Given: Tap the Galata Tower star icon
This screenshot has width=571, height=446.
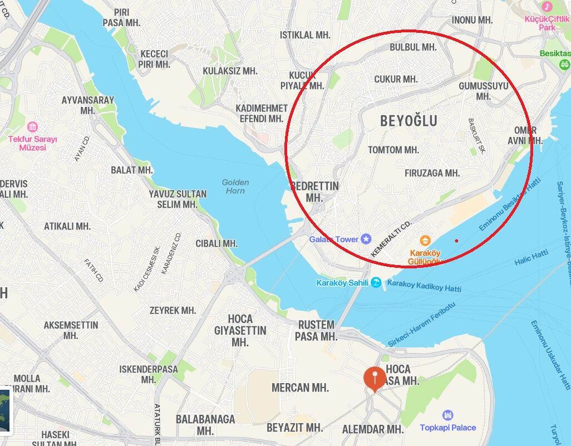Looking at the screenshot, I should click(366, 239).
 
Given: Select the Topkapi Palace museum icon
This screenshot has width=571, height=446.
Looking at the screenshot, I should click(448, 415).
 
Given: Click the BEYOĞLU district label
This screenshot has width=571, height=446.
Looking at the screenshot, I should click(408, 121).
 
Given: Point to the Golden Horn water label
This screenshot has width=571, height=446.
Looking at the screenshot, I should click(235, 187).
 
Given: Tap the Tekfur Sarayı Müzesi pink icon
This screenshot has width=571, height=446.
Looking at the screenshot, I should click(32, 127).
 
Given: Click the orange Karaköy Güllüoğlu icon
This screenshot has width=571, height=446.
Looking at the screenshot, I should click(425, 241).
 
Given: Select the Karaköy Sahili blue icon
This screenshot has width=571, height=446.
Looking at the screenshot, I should click(376, 283).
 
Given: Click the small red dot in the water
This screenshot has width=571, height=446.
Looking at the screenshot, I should click(456, 241).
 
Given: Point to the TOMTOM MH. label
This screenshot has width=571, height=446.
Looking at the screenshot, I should click(393, 150).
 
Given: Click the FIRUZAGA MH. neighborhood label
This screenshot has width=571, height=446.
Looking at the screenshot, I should click(432, 173).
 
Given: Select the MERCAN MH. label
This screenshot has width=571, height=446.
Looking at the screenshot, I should click(300, 388).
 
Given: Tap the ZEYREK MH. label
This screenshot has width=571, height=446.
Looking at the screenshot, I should click(173, 310).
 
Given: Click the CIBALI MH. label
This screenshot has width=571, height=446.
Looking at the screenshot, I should click(216, 243).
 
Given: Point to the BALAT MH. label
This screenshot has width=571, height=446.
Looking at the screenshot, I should click(131, 170).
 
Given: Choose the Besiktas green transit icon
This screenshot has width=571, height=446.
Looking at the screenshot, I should click(564, 64).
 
